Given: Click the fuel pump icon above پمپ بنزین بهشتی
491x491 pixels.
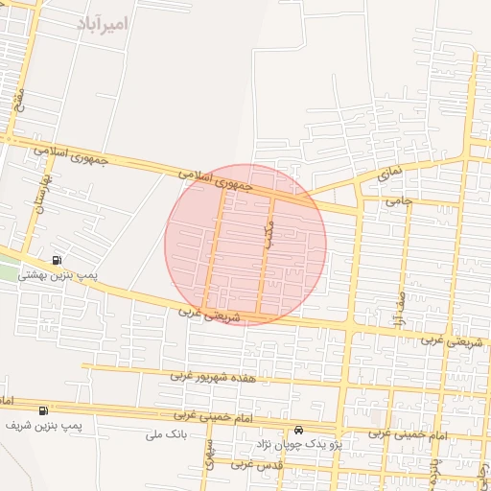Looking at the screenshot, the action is (x=58, y=260).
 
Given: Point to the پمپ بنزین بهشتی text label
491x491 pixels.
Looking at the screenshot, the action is (x=57, y=276).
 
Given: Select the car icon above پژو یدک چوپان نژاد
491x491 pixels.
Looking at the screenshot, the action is (x=300, y=430).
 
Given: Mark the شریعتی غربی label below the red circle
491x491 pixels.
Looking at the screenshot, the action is (x=204, y=314).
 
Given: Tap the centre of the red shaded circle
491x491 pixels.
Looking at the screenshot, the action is (x=245, y=244).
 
